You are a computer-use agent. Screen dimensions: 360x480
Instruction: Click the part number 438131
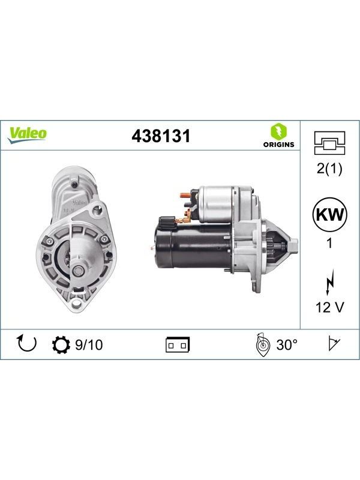point(161,136)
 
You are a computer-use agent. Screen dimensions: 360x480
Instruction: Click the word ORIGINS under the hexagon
point(278,145)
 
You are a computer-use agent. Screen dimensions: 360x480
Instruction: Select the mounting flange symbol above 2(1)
point(329,143)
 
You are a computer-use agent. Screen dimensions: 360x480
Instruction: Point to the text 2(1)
point(329,169)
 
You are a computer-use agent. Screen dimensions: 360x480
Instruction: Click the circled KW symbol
point(329,215)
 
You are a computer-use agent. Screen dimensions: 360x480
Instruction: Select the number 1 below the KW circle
point(329,244)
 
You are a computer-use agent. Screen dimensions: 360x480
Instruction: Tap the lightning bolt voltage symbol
point(329,283)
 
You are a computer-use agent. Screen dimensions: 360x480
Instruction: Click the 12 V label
point(329,307)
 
